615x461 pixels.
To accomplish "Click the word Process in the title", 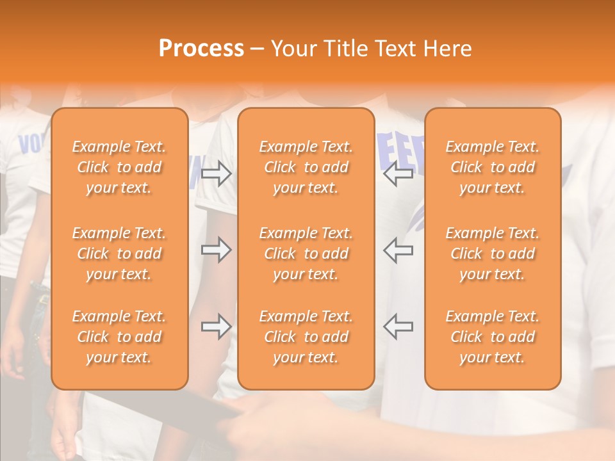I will tap(201, 49).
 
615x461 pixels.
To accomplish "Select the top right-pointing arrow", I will tap(217, 174).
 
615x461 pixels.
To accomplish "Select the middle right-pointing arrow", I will tap(217, 250).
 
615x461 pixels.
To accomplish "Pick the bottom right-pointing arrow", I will tap(217, 327).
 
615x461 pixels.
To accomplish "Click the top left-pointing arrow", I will tap(398, 174).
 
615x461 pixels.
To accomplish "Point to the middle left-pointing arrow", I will tap(398, 250).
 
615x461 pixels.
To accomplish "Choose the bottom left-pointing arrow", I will tap(398, 327).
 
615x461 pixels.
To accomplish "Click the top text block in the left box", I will tap(119, 167).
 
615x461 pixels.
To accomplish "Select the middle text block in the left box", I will tap(119, 254).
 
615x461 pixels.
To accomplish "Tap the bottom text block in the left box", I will tap(119, 337).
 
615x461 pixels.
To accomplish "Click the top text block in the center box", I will tap(306, 167).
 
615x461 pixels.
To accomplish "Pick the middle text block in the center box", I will tap(306, 254).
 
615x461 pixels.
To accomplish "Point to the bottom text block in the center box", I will tap(306, 337).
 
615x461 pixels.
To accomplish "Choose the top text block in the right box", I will tap(493, 167).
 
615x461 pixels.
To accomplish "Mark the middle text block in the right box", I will tap(493, 254).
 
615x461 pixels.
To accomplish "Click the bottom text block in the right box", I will tap(493, 337).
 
